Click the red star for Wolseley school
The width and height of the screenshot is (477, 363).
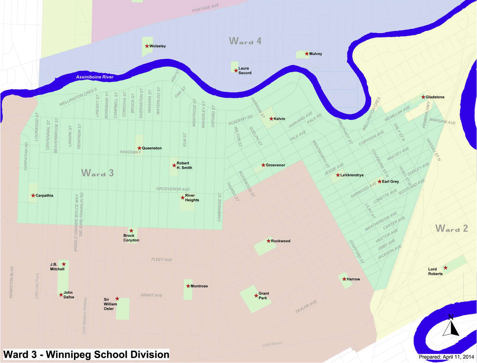coord(147,46)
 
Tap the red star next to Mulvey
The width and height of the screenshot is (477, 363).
coord(307,54)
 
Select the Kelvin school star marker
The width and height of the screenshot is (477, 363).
coord(271,119)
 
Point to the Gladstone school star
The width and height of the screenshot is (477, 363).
coord(423,97)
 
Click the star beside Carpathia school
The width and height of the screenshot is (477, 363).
coord(33,196)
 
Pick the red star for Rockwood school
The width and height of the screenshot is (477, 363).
coord(268,241)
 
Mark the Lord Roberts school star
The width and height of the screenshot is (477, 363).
coord(445,268)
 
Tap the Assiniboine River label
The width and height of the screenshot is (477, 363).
coord(95,77)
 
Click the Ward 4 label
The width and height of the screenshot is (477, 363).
coord(245,41)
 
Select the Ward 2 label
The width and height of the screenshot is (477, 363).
coord(452,228)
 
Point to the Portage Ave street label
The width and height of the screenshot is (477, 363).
coord(205,8)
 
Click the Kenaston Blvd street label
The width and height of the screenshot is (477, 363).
coord(11,282)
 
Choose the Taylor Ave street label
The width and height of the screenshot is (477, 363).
coord(306,307)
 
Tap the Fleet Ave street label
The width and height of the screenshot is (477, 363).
coord(161,259)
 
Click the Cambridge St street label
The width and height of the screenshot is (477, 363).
coord(219,207)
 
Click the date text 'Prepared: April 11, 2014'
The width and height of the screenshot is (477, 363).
coord(446,357)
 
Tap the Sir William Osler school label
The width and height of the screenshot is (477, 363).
coord(110,304)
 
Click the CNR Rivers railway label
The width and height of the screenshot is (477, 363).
coord(272,344)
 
